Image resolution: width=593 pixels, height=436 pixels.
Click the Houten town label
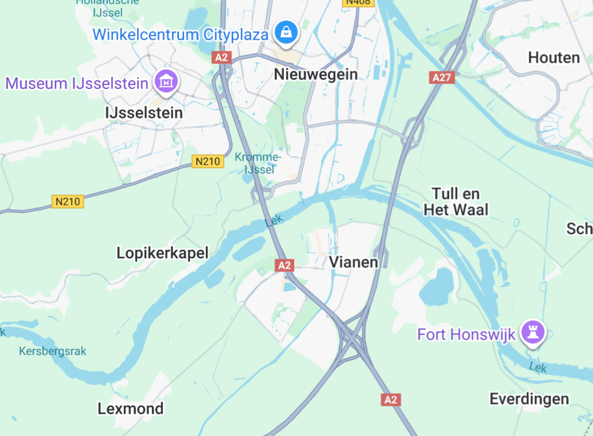[554, 57]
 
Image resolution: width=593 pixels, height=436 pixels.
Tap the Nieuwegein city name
[316, 74]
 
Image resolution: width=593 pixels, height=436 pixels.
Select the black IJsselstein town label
[144, 113]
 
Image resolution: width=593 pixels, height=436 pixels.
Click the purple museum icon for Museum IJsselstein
[166, 81]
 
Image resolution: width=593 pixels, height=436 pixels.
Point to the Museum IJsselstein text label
[77, 83]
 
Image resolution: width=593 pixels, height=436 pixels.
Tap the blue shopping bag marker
[286, 32]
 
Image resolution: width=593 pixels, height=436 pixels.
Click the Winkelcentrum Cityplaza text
[180, 35]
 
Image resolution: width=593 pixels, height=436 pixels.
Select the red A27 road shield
[442, 77]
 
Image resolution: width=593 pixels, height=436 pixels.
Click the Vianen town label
[353, 262]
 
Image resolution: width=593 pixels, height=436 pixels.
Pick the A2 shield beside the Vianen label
[284, 265]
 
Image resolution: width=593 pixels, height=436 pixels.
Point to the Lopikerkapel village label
[162, 253]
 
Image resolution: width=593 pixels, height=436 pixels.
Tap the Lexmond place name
[130, 408]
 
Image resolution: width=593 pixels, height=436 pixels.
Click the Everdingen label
[529, 399]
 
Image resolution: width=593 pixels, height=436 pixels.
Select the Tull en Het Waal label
[456, 202]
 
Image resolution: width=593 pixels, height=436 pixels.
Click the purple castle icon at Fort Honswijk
[533, 331]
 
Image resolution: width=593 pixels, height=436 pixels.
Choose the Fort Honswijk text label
[466, 334]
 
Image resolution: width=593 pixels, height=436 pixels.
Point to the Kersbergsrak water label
[52, 351]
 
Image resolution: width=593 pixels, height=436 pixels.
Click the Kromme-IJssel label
[258, 163]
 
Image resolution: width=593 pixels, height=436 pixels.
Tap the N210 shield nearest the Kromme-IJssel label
[208, 162]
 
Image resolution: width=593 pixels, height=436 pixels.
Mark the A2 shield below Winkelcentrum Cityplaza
[221, 57]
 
